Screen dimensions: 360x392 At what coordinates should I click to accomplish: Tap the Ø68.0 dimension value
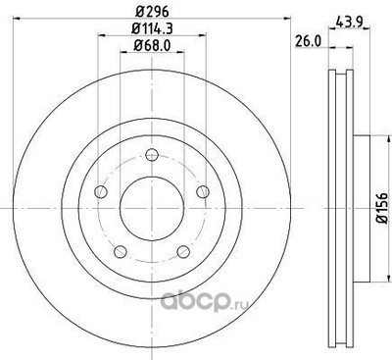click(x=148, y=47)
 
